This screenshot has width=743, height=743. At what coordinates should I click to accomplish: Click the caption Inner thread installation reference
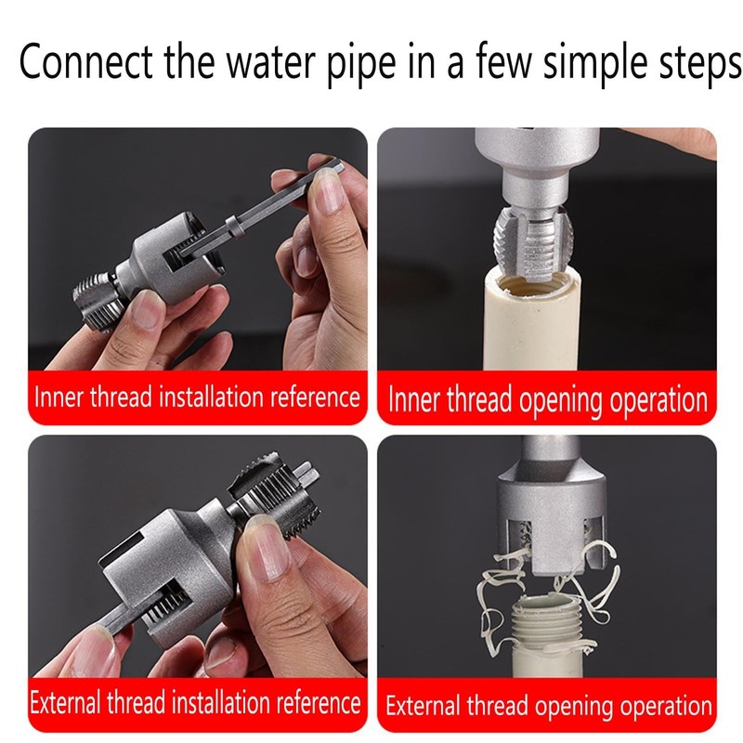coord(197,398)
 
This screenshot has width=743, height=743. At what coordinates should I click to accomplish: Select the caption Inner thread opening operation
coord(547,400)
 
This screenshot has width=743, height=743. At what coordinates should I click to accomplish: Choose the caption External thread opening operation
coord(548,705)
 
